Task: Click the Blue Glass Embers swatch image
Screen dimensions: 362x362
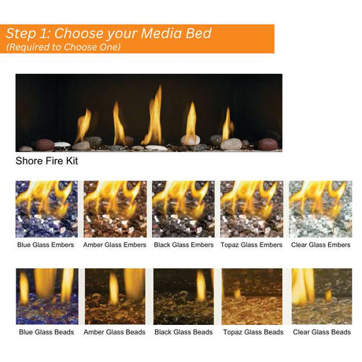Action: click(x=46, y=209)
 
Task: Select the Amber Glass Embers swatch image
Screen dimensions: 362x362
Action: click(x=115, y=209)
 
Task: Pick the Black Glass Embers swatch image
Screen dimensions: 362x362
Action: click(x=183, y=209)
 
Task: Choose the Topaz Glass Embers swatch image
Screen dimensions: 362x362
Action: click(x=251, y=209)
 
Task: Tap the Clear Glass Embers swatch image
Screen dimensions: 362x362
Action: click(x=320, y=209)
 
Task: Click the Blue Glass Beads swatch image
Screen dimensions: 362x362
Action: click(x=46, y=296)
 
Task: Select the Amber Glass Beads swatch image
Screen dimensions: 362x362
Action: click(x=115, y=296)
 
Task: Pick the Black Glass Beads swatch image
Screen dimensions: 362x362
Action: click(x=183, y=296)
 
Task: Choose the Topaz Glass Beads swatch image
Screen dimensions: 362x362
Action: click(x=251, y=296)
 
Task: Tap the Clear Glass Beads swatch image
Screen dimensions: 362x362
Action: click(x=320, y=296)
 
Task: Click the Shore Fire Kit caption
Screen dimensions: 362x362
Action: click(x=46, y=161)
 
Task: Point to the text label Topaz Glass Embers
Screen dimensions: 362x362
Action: click(x=251, y=245)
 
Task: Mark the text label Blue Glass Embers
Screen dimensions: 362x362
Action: click(x=46, y=245)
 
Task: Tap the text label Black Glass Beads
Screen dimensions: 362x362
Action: click(x=183, y=332)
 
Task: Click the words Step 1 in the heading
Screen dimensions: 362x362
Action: click(x=29, y=34)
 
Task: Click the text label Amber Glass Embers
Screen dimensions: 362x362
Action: click(x=115, y=245)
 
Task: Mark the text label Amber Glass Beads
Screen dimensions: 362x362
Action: click(x=115, y=332)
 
